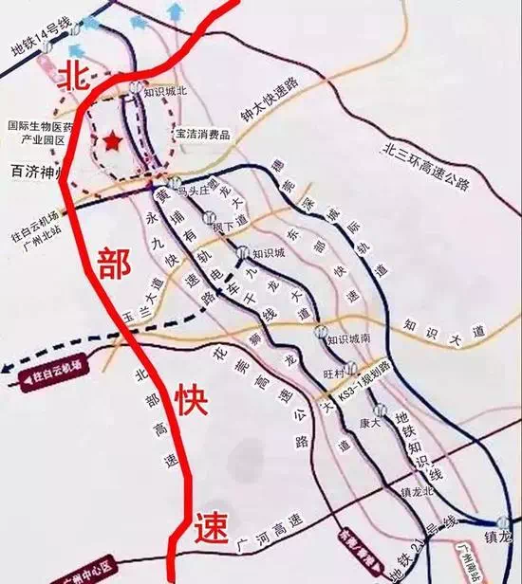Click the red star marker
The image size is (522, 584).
click(112, 141)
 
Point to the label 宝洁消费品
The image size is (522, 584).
click(202, 136)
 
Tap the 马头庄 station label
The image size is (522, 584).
click(196, 186)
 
